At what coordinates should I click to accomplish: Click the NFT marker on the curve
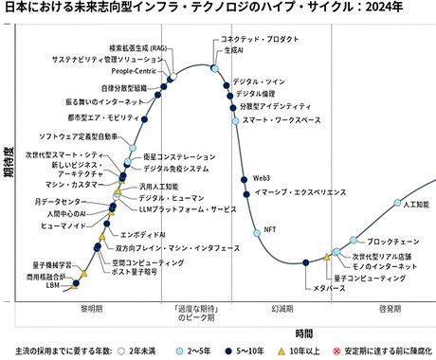click(x=254, y=230)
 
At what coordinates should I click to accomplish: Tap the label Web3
click(x=263, y=177)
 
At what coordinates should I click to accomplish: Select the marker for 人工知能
click(x=394, y=207)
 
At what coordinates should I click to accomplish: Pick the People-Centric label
click(x=134, y=70)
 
